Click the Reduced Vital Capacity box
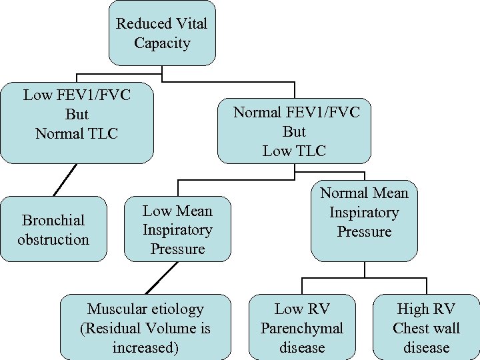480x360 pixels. point(162,33)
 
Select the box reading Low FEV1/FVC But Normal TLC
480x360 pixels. point(77,123)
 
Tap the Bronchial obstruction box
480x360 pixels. point(53,229)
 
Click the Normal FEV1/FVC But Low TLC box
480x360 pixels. point(294,131)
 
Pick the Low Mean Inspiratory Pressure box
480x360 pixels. point(177,229)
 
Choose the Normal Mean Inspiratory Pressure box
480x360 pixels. point(364,220)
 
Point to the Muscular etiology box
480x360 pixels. point(145,327)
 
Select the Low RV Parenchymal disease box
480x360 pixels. point(302,327)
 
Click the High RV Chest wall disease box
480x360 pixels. point(426,327)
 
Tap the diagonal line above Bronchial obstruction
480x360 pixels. point(65,180)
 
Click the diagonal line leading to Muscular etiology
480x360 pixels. point(162,277)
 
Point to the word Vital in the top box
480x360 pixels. point(191,24)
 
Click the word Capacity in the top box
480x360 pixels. point(162,43)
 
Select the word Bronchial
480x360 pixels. point(53,220)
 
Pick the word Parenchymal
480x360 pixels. point(302,328)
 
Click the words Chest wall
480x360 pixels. point(426,328)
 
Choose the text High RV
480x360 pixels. point(426,309)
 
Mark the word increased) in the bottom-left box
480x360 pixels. point(145,347)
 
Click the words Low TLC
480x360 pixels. point(294,151)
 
